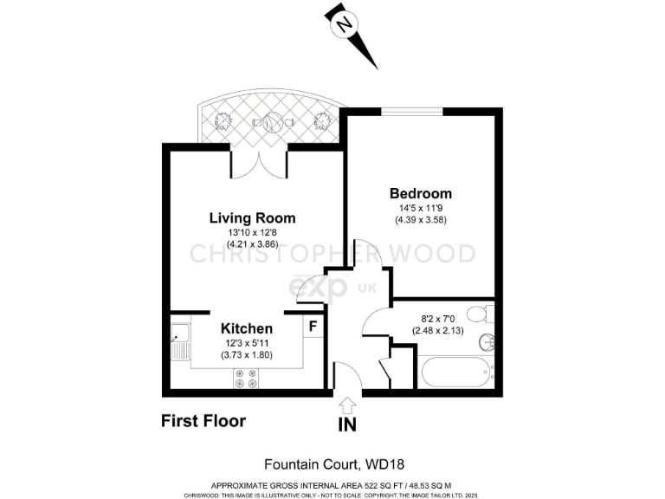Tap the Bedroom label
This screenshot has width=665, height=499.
(x=420, y=193)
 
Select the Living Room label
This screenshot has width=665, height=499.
(x=252, y=217)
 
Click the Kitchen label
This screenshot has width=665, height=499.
(x=247, y=328)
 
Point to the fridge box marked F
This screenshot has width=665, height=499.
(x=313, y=327)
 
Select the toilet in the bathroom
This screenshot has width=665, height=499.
(x=476, y=314)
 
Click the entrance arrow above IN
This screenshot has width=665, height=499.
(x=347, y=404)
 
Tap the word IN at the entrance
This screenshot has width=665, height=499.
(x=347, y=425)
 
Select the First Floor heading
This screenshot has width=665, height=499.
(x=203, y=421)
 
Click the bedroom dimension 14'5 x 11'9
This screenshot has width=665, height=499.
(x=420, y=208)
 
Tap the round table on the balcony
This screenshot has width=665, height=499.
(x=272, y=123)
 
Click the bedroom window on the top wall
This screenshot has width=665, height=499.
(x=412, y=111)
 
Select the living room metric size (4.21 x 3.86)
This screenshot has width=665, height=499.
(x=252, y=244)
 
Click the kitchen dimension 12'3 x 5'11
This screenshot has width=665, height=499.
(x=247, y=343)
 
